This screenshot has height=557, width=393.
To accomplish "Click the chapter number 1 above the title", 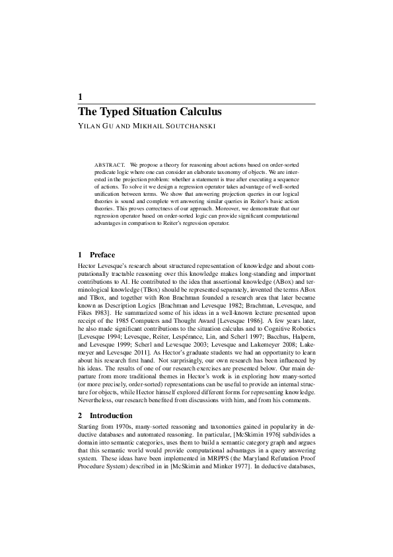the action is (80, 97).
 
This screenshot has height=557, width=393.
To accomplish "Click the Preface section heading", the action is (102, 255).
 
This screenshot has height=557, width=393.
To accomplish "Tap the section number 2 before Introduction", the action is (80, 415).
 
